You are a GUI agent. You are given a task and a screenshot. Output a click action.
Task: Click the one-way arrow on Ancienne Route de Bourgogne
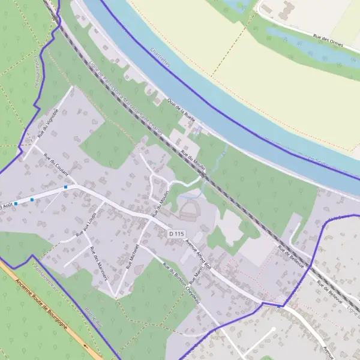pos(86,346)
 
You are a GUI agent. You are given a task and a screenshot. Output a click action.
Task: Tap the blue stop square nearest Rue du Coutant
pos(65,187)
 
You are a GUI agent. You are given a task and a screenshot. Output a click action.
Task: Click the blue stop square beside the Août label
pos(16,203)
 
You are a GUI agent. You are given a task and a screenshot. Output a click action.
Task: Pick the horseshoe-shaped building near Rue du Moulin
pos(187,209)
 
